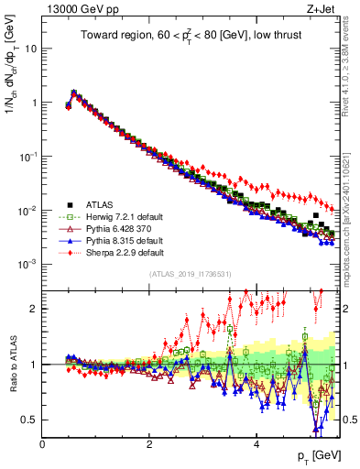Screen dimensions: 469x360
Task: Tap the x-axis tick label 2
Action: tap(149, 444)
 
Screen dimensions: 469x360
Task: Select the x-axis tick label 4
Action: tap(256, 444)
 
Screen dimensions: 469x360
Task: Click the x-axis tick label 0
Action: tap(42, 444)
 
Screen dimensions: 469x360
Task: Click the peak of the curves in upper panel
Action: tap(73, 92)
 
